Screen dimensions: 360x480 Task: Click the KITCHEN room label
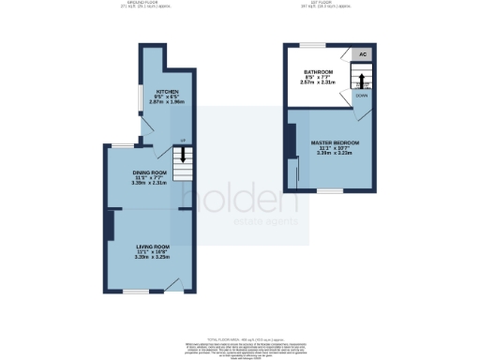click(x=156, y=67)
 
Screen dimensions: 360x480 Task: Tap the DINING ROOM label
click(x=149, y=172)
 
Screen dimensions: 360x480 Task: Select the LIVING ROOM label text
click(x=149, y=245)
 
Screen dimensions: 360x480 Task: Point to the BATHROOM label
click(x=319, y=71)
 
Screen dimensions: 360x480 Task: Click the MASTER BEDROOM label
click(x=335, y=142)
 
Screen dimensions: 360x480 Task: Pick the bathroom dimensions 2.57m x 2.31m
click(x=319, y=82)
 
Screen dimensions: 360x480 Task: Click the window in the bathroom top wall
click(x=312, y=43)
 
